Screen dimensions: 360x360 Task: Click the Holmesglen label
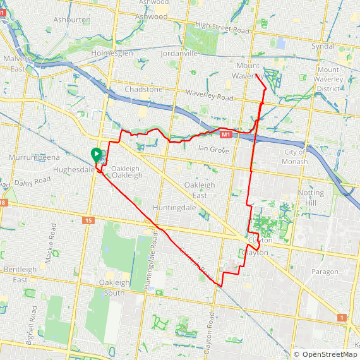112,54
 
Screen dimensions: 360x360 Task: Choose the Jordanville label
179,54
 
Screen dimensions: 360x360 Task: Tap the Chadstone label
143,90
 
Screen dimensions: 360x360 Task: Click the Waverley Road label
210,98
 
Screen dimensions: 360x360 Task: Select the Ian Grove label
213,148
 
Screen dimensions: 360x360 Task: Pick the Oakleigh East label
199,190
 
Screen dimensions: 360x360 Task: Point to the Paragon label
325,272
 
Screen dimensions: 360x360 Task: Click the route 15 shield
87,220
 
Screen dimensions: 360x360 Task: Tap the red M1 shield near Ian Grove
225,135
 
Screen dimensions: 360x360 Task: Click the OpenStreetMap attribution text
326,354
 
